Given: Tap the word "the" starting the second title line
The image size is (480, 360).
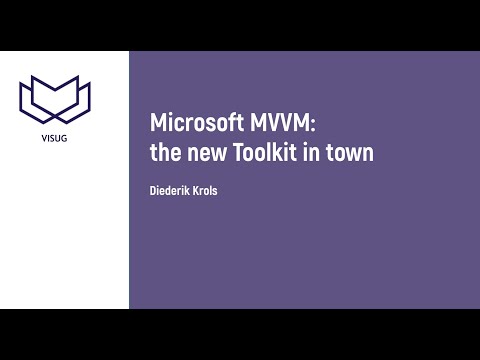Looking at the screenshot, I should [x=165, y=153].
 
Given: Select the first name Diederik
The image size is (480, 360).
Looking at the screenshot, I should [x=172, y=190].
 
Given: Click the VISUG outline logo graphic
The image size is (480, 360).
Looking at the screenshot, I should [x=54, y=97].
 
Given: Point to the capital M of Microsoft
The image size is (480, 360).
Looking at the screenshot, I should [x=158, y=124].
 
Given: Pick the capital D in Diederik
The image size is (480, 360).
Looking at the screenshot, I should [x=154, y=190].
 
